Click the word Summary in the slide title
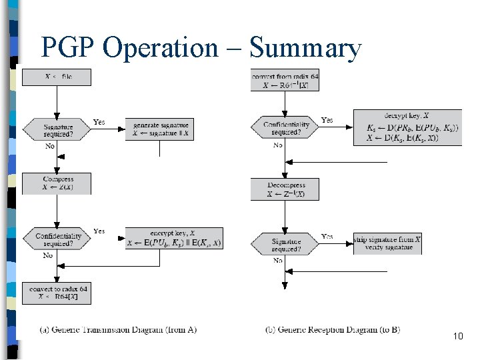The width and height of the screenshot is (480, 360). (x=305, y=47)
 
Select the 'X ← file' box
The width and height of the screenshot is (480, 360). (x=57, y=77)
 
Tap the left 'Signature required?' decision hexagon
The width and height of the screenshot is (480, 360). (x=57, y=129)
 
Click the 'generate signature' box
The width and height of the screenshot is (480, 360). (x=160, y=129)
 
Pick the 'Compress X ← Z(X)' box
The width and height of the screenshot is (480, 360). (x=57, y=183)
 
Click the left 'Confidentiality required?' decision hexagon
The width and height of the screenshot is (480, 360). (x=57, y=239)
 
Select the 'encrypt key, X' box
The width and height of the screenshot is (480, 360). (x=174, y=237)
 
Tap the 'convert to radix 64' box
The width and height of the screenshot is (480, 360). (x=57, y=292)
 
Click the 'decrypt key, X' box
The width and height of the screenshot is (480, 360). (x=407, y=127)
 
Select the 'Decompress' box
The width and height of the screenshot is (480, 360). (x=285, y=189)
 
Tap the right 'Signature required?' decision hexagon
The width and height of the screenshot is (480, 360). (x=285, y=245)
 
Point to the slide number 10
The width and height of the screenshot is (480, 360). (x=457, y=337)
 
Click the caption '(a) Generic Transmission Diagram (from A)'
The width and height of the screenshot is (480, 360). (x=118, y=330)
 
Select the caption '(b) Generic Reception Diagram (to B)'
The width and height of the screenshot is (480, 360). (x=332, y=330)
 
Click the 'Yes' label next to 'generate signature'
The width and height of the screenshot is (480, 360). (x=99, y=123)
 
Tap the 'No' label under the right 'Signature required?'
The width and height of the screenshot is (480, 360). (x=278, y=261)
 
